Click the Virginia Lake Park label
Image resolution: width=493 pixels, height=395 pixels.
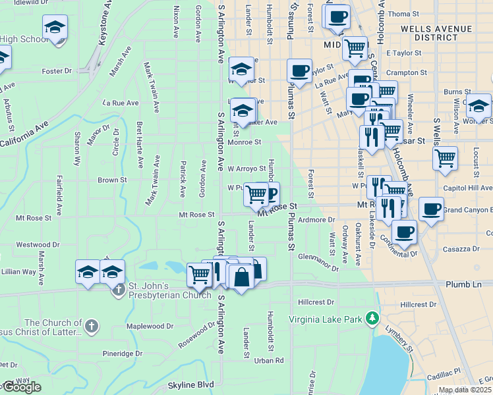326,319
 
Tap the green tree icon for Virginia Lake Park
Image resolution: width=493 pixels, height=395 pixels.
372,319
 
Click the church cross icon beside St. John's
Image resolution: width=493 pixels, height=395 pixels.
119,290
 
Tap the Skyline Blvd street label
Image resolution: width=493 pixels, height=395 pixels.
191,384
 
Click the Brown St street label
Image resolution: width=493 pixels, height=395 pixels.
112,180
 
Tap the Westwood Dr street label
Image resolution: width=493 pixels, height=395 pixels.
34,244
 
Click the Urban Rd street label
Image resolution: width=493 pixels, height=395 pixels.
269,360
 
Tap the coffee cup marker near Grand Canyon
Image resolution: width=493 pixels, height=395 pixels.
431,209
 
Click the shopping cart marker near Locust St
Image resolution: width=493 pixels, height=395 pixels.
446,157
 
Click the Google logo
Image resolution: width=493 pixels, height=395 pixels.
21,387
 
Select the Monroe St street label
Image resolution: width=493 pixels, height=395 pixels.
245,142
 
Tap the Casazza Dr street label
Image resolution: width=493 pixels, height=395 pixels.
461,249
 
